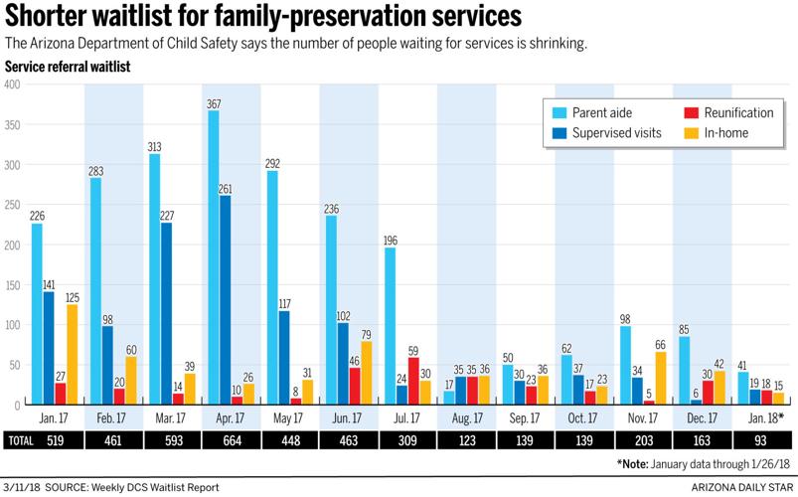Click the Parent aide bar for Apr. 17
(x=213, y=257)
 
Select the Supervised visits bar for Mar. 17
(x=166, y=313)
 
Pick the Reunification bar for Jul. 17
(x=413, y=381)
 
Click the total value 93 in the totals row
(x=757, y=438)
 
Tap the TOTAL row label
(x=23, y=438)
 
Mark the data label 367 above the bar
(x=213, y=103)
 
